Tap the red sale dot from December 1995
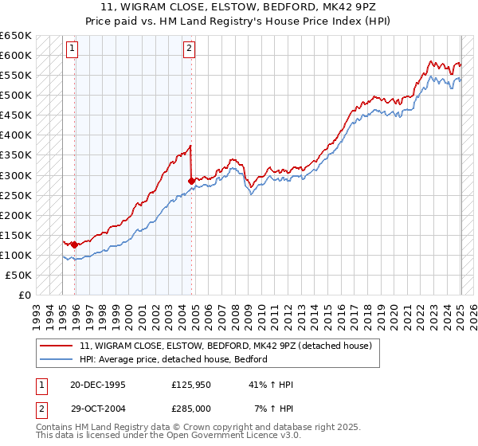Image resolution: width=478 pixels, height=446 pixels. pyautogui.click(x=74, y=245)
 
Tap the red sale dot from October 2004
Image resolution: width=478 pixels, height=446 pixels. pyautogui.click(x=191, y=181)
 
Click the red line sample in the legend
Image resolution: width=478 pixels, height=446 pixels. pyautogui.click(x=57, y=345)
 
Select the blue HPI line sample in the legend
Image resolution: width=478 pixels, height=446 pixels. pyautogui.click(x=57, y=359)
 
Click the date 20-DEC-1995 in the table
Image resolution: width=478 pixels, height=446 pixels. pyautogui.click(x=98, y=385)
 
